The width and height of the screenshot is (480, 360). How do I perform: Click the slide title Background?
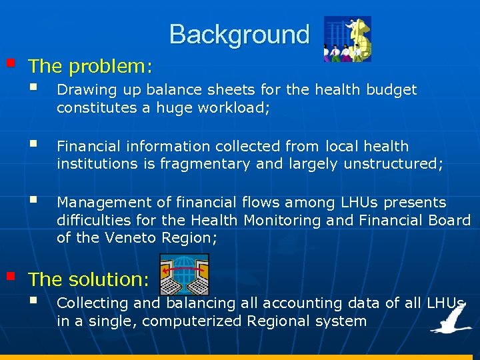tap(239, 34)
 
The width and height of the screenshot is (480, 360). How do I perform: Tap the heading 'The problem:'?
tap(91, 67)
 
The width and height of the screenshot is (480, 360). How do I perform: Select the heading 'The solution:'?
tap(89, 279)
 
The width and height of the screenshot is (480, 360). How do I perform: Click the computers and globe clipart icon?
tap(185, 274)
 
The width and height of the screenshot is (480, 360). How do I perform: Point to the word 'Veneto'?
tap(125, 238)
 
